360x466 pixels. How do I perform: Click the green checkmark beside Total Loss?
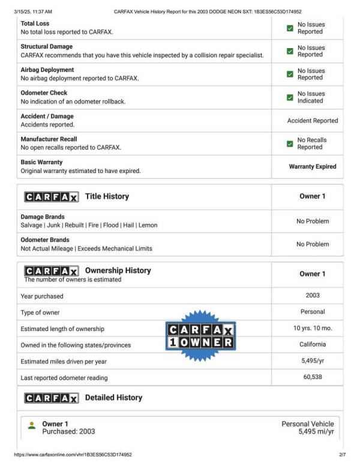(290, 28)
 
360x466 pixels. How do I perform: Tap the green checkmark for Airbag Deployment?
(290, 74)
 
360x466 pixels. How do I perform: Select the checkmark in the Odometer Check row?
(290, 97)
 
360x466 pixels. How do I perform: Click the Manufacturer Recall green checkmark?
(290, 144)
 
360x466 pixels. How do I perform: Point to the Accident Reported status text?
(313, 121)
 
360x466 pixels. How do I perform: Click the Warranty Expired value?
(313, 167)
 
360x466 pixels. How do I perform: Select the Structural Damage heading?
(46, 47)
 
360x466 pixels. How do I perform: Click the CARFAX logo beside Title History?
(51, 197)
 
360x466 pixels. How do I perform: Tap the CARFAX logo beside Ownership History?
(51, 271)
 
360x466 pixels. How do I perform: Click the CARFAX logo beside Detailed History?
(51, 398)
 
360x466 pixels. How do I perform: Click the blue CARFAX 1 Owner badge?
(200, 336)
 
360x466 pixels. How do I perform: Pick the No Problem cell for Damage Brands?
(313, 222)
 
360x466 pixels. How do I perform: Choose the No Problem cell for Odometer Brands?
(313, 244)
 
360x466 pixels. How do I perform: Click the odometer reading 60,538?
(313, 377)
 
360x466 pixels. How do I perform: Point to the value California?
(313, 345)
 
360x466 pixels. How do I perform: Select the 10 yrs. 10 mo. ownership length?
(313, 328)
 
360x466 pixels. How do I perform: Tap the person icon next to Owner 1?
(32, 425)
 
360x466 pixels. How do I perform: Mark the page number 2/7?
(342, 455)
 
